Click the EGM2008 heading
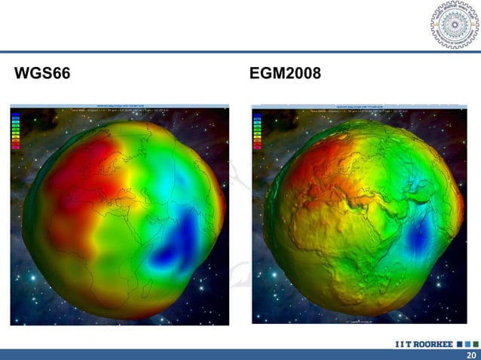(x=285, y=74)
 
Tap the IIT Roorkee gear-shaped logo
(x=454, y=25)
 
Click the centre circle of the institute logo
(x=454, y=25)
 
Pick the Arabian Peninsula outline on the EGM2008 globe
(x=392, y=211)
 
